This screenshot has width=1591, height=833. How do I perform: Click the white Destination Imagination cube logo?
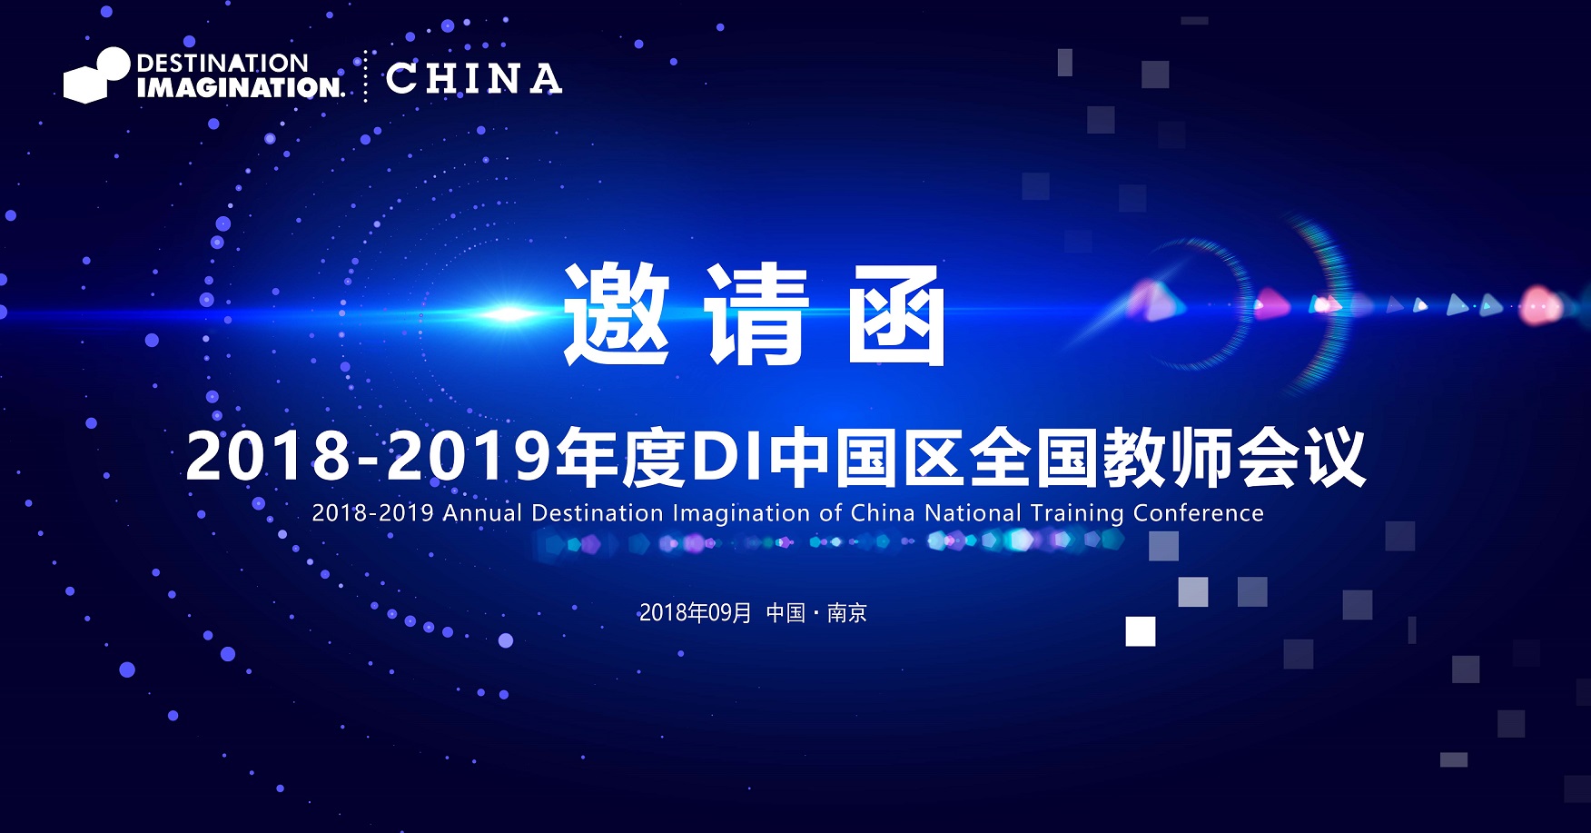(96, 75)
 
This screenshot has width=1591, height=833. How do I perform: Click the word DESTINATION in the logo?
(222, 63)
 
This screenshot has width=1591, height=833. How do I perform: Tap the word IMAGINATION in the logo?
(241, 87)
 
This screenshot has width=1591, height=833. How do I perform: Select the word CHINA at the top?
(474, 79)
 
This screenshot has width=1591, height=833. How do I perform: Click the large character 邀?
(617, 314)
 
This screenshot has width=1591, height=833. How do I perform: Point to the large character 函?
(897, 315)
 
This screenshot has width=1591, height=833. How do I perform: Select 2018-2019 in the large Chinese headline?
(369, 456)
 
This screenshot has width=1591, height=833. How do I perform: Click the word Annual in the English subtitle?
(482, 513)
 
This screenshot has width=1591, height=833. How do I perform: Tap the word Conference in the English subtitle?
(1199, 513)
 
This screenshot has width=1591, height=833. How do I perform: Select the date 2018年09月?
(696, 613)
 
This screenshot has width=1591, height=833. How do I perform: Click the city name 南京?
(847, 613)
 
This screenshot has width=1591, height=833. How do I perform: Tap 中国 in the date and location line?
(786, 613)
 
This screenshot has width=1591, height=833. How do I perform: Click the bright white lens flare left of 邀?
(510, 314)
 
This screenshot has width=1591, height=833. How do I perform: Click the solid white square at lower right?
(1141, 631)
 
